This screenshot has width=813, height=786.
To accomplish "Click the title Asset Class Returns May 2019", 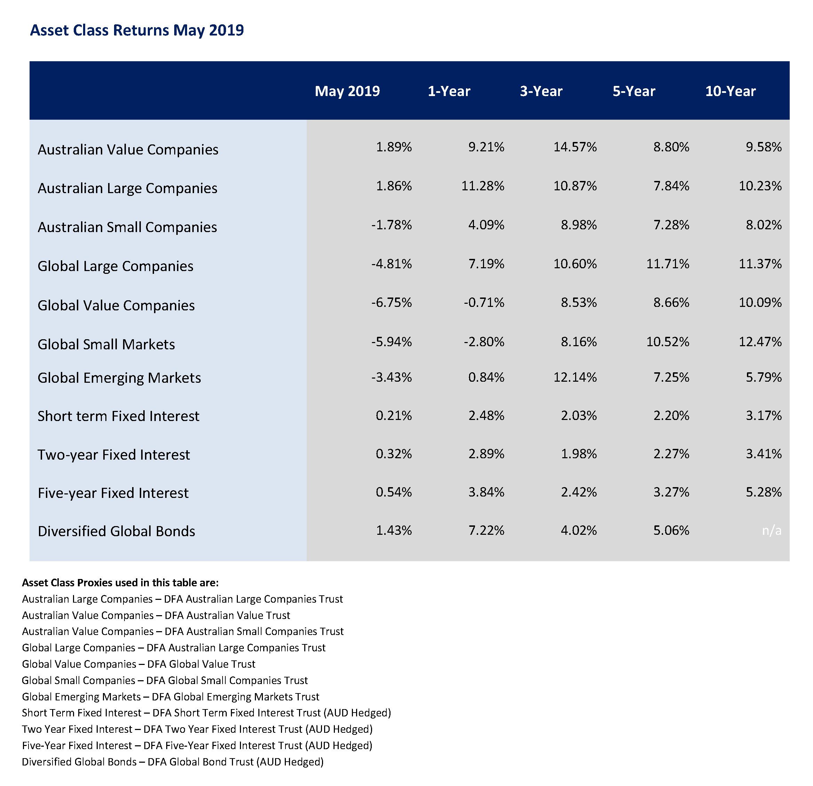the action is click(x=137, y=31).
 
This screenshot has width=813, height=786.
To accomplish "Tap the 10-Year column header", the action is click(x=731, y=91).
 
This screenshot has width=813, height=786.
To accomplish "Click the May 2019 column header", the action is click(x=347, y=91).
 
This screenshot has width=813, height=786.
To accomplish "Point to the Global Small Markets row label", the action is click(x=106, y=344).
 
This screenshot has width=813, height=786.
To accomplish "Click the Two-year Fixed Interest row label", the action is click(x=114, y=454).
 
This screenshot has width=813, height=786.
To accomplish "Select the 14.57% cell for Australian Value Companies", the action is click(x=575, y=146).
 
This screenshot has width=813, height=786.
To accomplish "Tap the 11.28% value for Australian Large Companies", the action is click(x=483, y=185).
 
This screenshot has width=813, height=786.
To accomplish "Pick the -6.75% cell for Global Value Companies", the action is click(x=391, y=302).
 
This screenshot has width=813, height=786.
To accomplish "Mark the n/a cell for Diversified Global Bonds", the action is click(x=772, y=530).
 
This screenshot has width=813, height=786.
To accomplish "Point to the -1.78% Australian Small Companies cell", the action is click(x=391, y=224).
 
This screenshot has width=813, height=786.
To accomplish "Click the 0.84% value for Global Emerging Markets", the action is click(x=486, y=377).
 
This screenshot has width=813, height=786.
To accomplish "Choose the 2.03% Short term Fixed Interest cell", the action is click(x=579, y=415).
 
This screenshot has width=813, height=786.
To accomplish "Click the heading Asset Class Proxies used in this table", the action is click(x=120, y=583).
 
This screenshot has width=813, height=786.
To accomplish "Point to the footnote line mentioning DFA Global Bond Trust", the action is click(x=172, y=762).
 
